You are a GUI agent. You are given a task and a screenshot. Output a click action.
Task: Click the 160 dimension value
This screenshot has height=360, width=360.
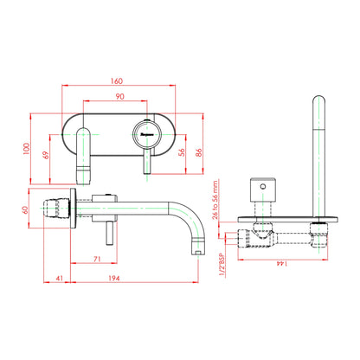click(117, 81)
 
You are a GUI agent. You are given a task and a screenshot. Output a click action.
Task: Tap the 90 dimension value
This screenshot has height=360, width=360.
click(120, 96)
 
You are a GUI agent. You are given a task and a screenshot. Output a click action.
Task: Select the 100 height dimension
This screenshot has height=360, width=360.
click(26, 149)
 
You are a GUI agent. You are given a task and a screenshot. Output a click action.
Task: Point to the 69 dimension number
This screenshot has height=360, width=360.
click(46, 155)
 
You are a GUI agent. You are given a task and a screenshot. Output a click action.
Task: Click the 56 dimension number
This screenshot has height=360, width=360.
click(182, 152)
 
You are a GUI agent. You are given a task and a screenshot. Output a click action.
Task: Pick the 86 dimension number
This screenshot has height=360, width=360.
click(199, 152)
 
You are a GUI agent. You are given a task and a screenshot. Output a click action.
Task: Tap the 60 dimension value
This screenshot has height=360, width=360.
click(26, 209)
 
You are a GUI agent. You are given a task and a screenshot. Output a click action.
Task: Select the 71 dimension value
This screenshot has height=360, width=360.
click(97, 259)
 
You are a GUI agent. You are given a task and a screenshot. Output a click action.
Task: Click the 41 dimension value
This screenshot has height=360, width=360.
click(59, 279)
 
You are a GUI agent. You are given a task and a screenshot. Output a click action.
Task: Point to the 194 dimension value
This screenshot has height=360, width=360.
click(114, 279)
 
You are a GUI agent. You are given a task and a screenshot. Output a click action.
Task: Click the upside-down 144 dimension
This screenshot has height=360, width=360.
click(281, 264)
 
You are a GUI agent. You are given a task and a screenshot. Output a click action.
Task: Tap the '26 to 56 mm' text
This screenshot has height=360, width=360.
click(215, 200)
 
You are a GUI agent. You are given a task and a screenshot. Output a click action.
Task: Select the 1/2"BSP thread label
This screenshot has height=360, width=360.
click(222, 265)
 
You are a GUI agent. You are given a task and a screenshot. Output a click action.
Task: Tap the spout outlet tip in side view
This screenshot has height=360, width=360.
click(198, 252)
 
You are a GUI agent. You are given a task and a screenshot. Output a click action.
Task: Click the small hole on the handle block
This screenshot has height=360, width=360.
click(263, 186)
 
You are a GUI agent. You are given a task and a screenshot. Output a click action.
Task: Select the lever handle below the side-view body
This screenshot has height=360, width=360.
click(109, 234)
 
